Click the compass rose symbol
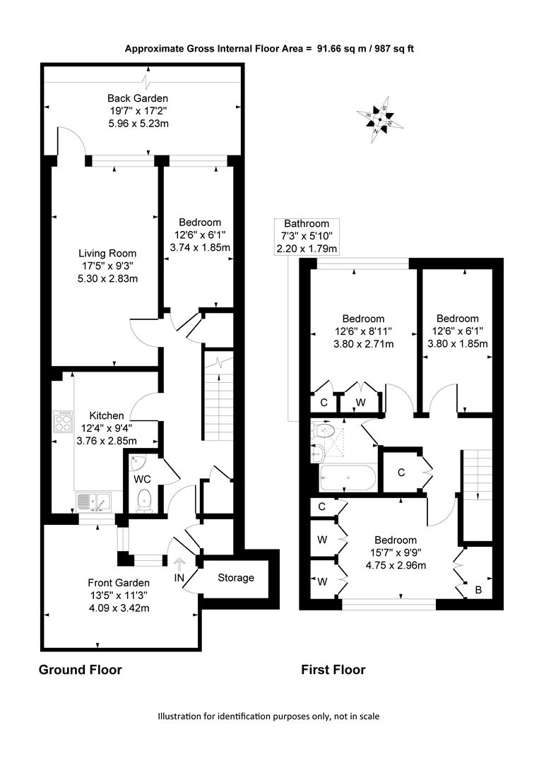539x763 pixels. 381,119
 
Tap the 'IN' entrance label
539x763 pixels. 179,578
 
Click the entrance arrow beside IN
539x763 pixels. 179,564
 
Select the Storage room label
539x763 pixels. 236,578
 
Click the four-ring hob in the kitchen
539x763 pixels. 64,421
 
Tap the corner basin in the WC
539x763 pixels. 138,461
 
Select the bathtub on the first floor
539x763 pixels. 348,478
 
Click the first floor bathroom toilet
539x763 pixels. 323,431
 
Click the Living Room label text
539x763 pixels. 107,253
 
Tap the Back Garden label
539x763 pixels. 138,98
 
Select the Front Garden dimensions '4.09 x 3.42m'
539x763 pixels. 119,608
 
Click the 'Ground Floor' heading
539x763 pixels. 81,670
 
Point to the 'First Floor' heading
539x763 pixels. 333,670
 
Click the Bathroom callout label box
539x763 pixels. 307,237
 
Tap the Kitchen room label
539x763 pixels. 107,415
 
